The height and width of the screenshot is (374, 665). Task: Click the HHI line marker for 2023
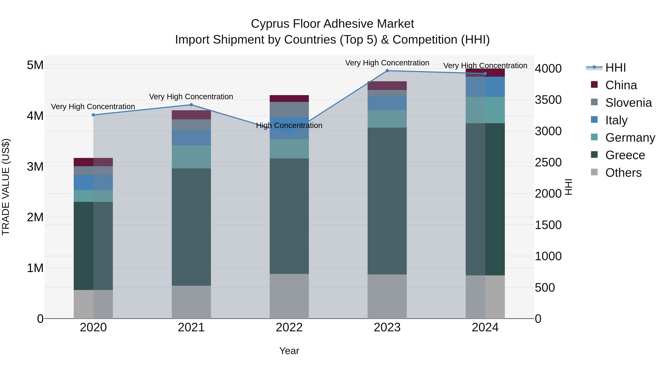pos(387,71)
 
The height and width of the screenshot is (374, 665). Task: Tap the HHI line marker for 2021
pos(191,105)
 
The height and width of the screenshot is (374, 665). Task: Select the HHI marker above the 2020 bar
pos(93,115)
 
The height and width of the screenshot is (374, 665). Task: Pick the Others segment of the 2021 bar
pos(191,302)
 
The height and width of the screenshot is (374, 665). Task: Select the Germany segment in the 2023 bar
pos(387,119)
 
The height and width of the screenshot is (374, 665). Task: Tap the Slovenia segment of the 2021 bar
pos(191,125)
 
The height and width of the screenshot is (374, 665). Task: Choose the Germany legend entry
pos(630,138)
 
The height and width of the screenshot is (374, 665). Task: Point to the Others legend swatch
pos(594,172)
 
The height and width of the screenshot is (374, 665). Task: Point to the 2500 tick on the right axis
pos(548,163)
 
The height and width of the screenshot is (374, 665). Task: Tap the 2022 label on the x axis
pos(289,327)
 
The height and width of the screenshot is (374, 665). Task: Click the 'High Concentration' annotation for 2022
pos(289,125)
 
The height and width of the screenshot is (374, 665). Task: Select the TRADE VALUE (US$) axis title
pos(6,187)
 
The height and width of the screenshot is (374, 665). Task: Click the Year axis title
pos(289,351)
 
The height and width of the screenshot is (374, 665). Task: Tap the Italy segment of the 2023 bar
pos(387,103)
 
